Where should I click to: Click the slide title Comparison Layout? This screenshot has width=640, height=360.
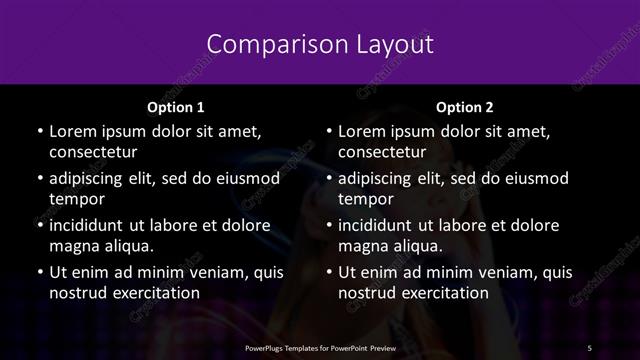320,44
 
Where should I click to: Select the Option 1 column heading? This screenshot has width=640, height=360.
175,107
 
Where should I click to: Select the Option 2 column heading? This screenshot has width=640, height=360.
465,107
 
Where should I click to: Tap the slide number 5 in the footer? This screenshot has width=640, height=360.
590,346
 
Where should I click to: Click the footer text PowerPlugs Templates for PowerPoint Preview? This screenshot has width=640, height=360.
319,346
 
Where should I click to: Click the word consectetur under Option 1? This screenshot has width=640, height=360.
93,153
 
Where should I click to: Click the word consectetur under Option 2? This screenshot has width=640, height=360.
383,153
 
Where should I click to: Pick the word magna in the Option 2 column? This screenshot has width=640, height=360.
362,246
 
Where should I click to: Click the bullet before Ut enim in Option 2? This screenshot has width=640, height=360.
327,272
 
